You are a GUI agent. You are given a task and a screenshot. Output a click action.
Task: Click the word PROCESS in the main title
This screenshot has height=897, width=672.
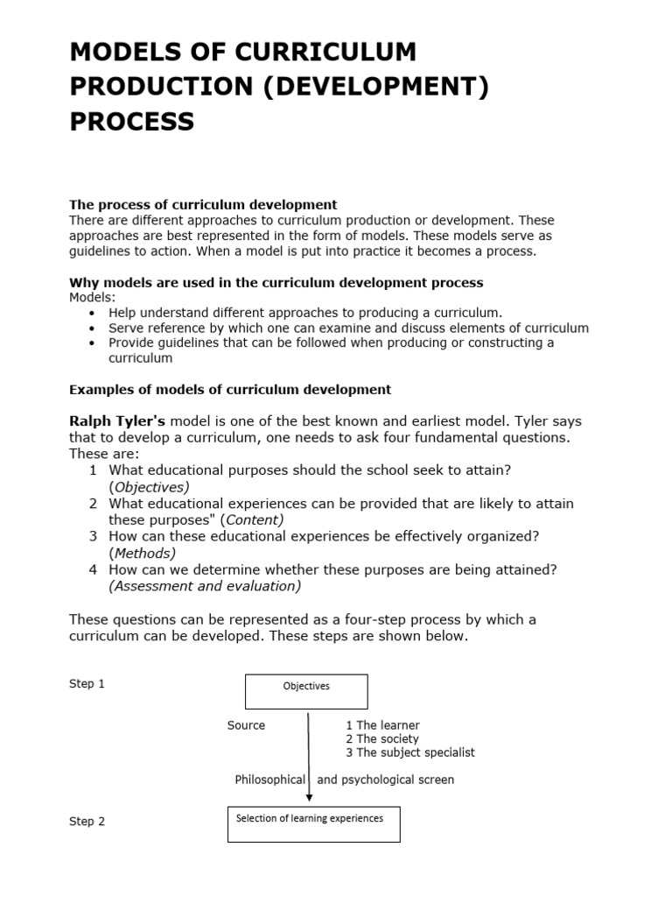pyautogui.click(x=132, y=122)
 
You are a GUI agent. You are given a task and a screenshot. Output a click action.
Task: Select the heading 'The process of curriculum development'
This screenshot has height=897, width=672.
pyautogui.click(x=203, y=205)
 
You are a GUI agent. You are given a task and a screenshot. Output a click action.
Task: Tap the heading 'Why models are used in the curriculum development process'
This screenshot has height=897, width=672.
pyautogui.click(x=276, y=283)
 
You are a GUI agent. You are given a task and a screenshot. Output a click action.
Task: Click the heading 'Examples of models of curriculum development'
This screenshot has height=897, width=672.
pyautogui.click(x=230, y=389)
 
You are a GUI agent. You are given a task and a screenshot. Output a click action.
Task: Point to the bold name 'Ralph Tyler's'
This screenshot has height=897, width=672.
pyautogui.click(x=117, y=420)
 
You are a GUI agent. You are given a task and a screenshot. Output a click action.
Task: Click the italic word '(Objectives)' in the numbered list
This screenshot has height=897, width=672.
pyautogui.click(x=150, y=487)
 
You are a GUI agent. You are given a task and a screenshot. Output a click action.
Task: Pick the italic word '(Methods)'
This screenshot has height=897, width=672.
pyautogui.click(x=143, y=553)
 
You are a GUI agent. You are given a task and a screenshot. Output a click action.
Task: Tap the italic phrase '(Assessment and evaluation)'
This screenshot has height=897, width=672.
pyautogui.click(x=205, y=586)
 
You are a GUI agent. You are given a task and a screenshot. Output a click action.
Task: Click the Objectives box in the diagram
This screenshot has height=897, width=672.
pyautogui.click(x=306, y=691)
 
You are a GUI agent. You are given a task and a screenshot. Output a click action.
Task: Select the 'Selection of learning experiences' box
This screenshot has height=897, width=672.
pyautogui.click(x=313, y=823)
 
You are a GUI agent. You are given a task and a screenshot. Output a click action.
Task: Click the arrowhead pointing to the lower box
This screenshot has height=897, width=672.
pyautogui.click(x=309, y=797)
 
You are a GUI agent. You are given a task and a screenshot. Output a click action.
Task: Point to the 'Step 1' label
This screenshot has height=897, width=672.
pyautogui.click(x=87, y=684)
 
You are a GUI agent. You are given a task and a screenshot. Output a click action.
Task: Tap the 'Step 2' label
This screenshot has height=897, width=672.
pyautogui.click(x=87, y=822)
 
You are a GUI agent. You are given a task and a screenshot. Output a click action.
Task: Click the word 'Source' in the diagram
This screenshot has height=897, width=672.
pyautogui.click(x=246, y=725)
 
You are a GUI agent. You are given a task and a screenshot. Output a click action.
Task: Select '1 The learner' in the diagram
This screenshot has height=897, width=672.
pyautogui.click(x=382, y=725)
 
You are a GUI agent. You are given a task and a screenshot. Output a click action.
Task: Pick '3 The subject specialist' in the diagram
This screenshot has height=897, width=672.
pyautogui.click(x=410, y=752)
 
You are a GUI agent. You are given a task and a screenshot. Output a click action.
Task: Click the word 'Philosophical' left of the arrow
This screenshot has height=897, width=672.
pyautogui.click(x=269, y=780)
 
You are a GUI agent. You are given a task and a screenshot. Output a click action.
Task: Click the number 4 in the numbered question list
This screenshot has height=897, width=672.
pyautogui.click(x=93, y=569)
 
